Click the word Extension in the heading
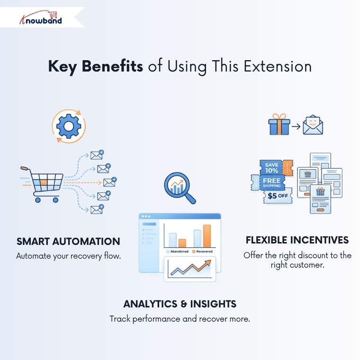pyautogui.click(x=278, y=67)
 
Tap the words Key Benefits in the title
pyautogui.click(x=95, y=67)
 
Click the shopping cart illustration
pyautogui.click(x=43, y=183)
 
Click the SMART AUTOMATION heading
pyautogui.click(x=68, y=242)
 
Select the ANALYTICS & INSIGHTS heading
pyautogui.click(x=180, y=304)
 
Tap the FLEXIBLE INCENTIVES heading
pyautogui.click(x=297, y=240)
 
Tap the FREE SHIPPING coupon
pyautogui.click(x=271, y=182)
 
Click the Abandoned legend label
pyautogui.click(x=179, y=251)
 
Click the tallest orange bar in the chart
pyautogui.click(x=207, y=235)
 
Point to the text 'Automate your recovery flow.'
pyautogui.click(x=68, y=256)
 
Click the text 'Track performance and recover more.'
pyautogui.click(x=180, y=319)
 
